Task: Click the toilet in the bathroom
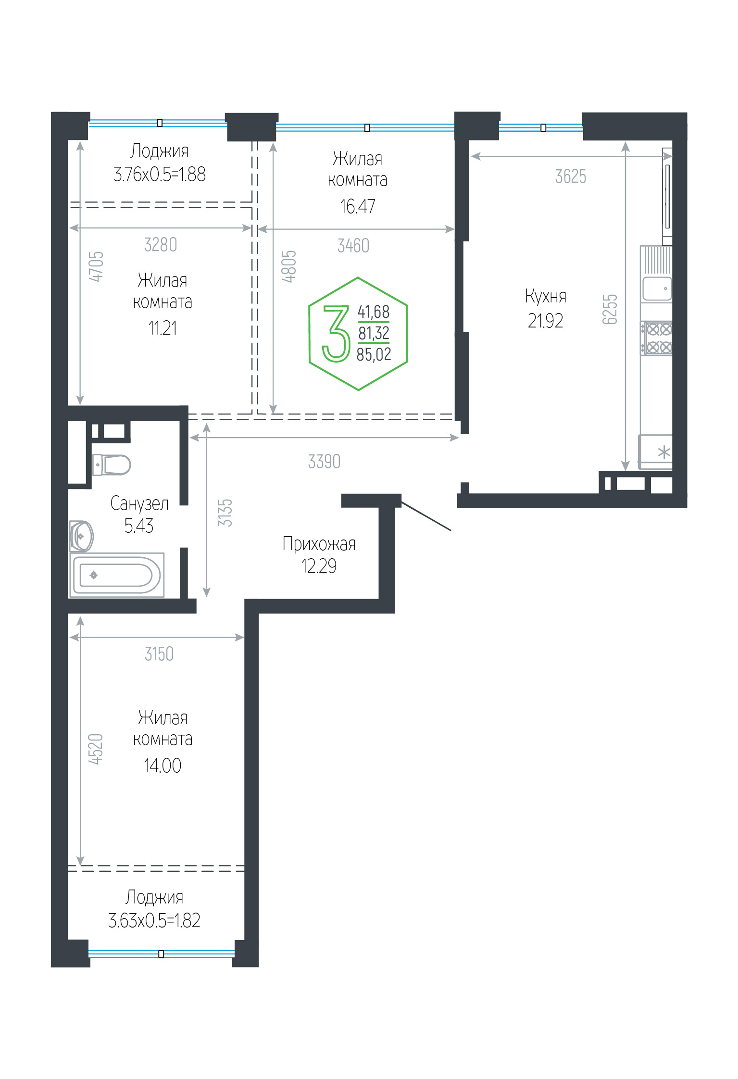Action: click(111, 464)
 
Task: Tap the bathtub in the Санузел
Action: click(117, 575)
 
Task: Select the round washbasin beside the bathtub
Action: click(81, 536)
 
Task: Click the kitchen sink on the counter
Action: click(657, 289)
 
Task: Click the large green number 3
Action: click(336, 334)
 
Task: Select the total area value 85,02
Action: click(374, 354)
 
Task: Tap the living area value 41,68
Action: click(374, 312)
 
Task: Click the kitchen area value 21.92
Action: click(545, 321)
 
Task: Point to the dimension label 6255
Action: click(610, 309)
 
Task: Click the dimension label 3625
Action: click(571, 177)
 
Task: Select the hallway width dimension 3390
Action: click(324, 462)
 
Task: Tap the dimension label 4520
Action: click(96, 749)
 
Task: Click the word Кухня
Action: click(546, 296)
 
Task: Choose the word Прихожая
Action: click(319, 544)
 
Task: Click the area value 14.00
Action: click(163, 765)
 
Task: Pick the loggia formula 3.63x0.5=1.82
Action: click(154, 920)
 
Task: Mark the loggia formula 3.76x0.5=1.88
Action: click(160, 174)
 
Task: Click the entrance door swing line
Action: click(426, 516)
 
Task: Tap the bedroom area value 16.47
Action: click(358, 206)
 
